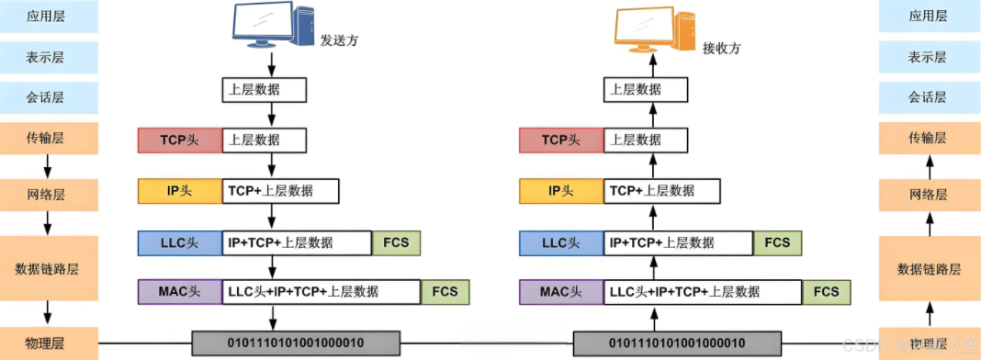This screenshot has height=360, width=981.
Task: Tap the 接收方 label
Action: [x=721, y=47]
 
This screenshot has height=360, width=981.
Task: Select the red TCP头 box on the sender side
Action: [x=180, y=141]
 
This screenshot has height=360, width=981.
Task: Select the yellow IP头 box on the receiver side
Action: [x=561, y=191]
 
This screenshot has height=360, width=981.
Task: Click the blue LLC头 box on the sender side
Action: [x=180, y=242]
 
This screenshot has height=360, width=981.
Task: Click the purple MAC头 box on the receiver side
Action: [x=561, y=292]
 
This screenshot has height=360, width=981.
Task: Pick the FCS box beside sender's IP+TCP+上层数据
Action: [x=396, y=242]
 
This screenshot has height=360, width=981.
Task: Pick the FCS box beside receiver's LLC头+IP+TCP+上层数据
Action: [x=826, y=292]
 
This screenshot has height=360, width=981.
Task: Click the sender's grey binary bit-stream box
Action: [x=296, y=343]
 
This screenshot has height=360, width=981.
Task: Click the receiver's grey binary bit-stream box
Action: [x=678, y=343]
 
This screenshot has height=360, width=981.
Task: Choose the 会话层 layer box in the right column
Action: [x=927, y=96]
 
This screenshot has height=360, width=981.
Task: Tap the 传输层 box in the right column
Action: [x=927, y=138]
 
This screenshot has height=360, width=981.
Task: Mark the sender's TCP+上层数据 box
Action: [x=280, y=191]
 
